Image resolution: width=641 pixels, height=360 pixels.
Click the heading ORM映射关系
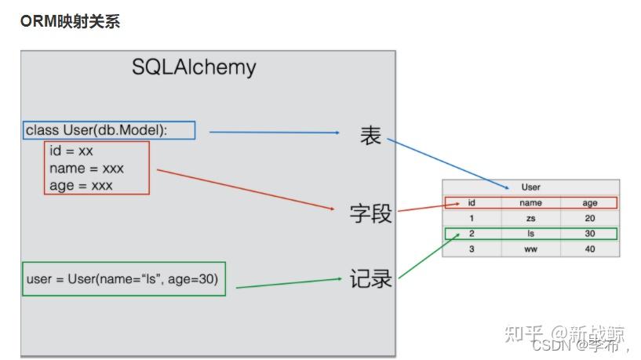(70, 22)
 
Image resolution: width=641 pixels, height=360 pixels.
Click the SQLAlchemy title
(194, 67)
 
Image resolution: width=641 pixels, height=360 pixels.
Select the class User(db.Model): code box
(109, 130)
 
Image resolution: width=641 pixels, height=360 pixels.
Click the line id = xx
(71, 151)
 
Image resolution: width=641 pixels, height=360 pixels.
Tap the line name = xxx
(86, 168)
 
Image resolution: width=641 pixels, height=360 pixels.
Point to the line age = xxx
(81, 185)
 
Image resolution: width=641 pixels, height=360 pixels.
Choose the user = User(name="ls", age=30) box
(124, 278)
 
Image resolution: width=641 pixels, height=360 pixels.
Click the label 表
(370, 136)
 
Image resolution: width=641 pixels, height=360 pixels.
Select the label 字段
(370, 213)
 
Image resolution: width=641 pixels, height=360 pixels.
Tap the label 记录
(370, 278)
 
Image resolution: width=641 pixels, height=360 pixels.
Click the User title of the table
(530, 187)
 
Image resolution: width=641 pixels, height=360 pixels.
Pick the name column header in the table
(530, 202)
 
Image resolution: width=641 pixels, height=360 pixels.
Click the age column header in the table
(589, 202)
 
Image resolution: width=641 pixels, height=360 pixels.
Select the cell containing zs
(530, 218)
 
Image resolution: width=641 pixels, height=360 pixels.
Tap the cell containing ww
(530, 249)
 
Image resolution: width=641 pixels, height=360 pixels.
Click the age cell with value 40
(589, 249)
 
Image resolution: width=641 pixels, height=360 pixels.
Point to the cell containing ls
(530, 234)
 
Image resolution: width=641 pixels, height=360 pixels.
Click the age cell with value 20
(589, 218)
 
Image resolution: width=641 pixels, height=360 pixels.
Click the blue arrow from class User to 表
(275, 133)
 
